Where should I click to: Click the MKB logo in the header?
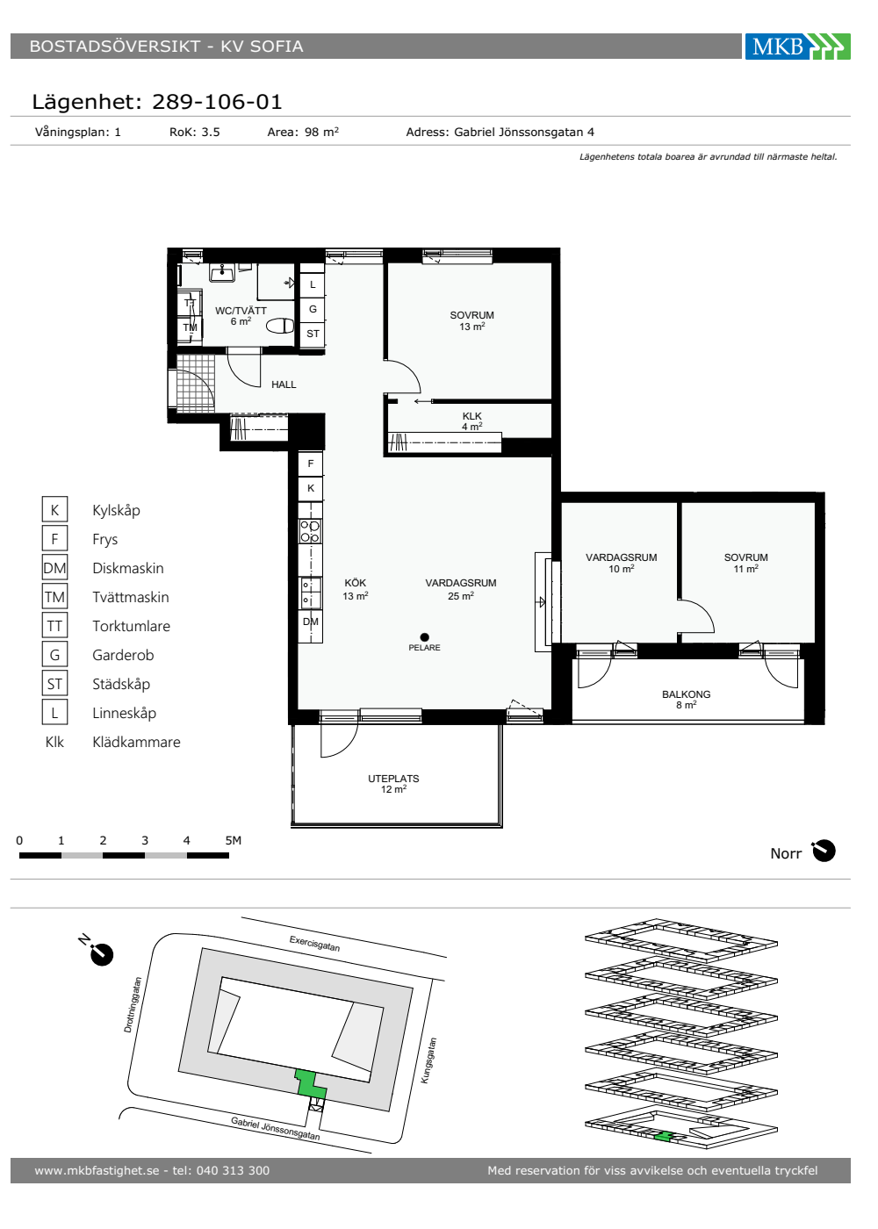pos(797,46)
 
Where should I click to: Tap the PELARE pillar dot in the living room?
pos(424,637)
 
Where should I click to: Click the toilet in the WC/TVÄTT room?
pos(280,327)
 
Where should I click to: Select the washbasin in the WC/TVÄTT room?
pos(222,272)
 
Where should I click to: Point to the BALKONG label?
pos(686,694)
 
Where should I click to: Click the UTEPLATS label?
pos(393,779)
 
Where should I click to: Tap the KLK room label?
pos(472,416)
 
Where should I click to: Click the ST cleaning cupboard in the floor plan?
pos(313,334)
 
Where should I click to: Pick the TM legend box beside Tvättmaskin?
pos(54,597)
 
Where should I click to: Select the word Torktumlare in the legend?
pos(131,626)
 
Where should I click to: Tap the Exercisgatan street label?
pos(314,944)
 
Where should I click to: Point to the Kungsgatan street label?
pos(428,1060)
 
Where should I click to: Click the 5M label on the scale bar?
pos(234,841)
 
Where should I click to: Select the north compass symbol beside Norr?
pos(824,851)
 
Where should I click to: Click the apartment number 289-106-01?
pos(217,102)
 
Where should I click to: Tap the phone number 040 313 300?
pos(234,1170)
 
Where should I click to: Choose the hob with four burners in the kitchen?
pos(310,531)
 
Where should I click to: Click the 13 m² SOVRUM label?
pos(472,321)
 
